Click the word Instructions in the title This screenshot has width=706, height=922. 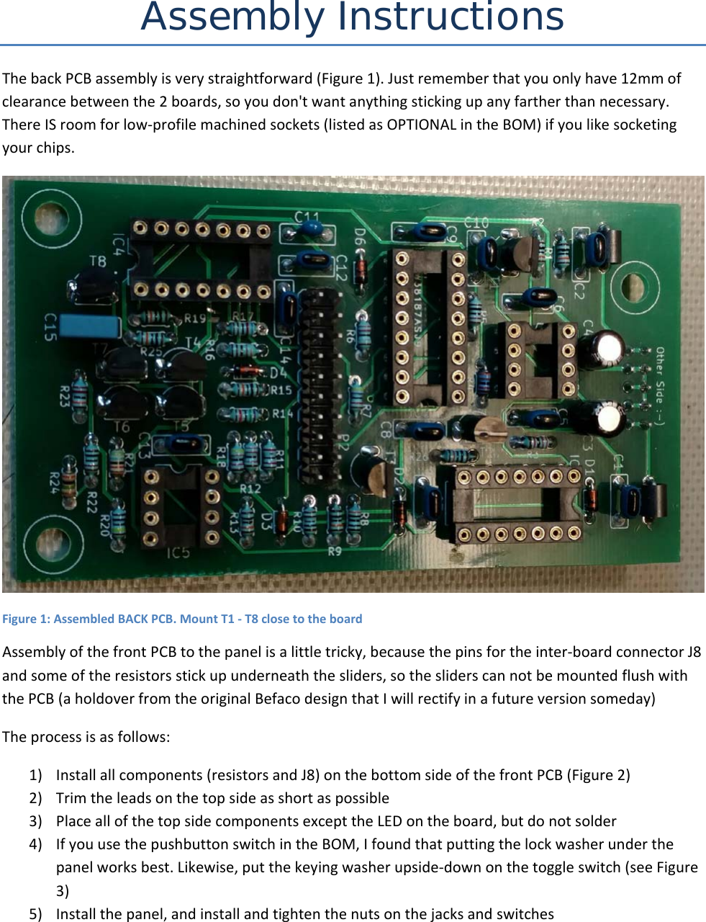pyautogui.click(x=451, y=17)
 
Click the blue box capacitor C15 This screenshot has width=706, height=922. pyautogui.click(x=91, y=326)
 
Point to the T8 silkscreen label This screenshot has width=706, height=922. pyautogui.click(x=97, y=261)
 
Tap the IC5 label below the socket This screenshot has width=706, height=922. pyautogui.click(x=178, y=553)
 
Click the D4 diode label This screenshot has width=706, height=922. pyautogui.click(x=279, y=372)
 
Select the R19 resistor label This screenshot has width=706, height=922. pyautogui.click(x=194, y=318)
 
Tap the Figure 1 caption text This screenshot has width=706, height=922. pyautogui.click(x=182, y=619)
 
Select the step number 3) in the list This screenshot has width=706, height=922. pyautogui.click(x=35, y=821)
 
